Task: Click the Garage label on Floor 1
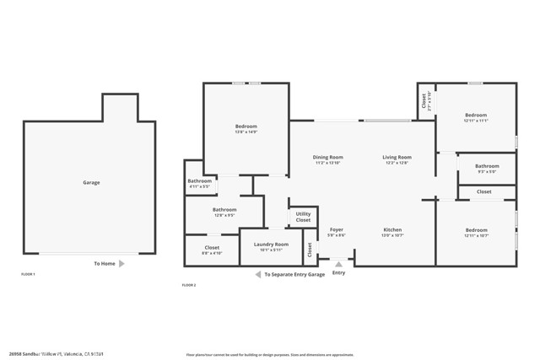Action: pos(90,182)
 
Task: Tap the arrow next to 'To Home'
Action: pos(121,264)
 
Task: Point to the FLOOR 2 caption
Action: pos(189,286)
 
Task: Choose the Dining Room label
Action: pos(327,157)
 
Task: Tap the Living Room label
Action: pos(397,157)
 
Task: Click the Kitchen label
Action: pos(392,229)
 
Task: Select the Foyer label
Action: pos(336,229)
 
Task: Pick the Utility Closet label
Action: pos(303,217)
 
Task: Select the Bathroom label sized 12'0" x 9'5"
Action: pos(224,210)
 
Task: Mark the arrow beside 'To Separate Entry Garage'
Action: pos(258,274)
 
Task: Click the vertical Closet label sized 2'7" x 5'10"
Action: pos(424,101)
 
